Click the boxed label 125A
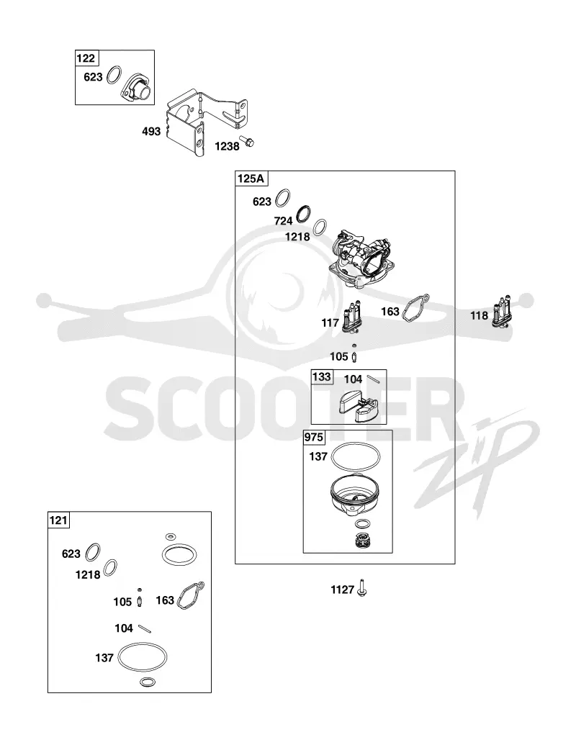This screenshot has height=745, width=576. (251, 179)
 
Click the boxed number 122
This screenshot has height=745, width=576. (86, 58)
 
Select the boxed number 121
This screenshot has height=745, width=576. (58, 520)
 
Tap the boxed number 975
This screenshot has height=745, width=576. (314, 437)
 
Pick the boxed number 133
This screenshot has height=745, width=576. (321, 376)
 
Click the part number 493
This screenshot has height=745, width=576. (151, 131)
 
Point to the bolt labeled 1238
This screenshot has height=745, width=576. (248, 141)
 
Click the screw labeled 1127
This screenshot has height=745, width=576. (362, 588)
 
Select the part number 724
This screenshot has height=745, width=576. (283, 221)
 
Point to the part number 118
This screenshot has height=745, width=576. (479, 315)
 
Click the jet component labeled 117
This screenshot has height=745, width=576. (353, 317)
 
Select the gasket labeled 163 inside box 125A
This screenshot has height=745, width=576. (416, 307)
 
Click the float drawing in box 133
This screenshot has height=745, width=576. (356, 405)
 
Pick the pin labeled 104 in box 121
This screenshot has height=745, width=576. (145, 628)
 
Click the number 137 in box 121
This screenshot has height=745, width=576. (104, 658)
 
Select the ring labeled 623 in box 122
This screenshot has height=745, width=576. (114, 75)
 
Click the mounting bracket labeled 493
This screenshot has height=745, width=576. (205, 121)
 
